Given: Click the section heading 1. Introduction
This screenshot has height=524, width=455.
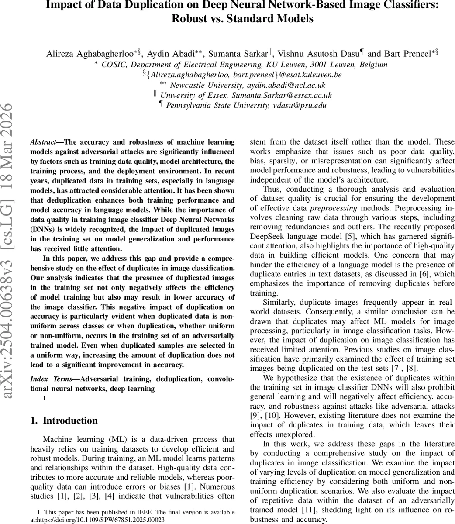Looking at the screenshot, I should tap(64, 421).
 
